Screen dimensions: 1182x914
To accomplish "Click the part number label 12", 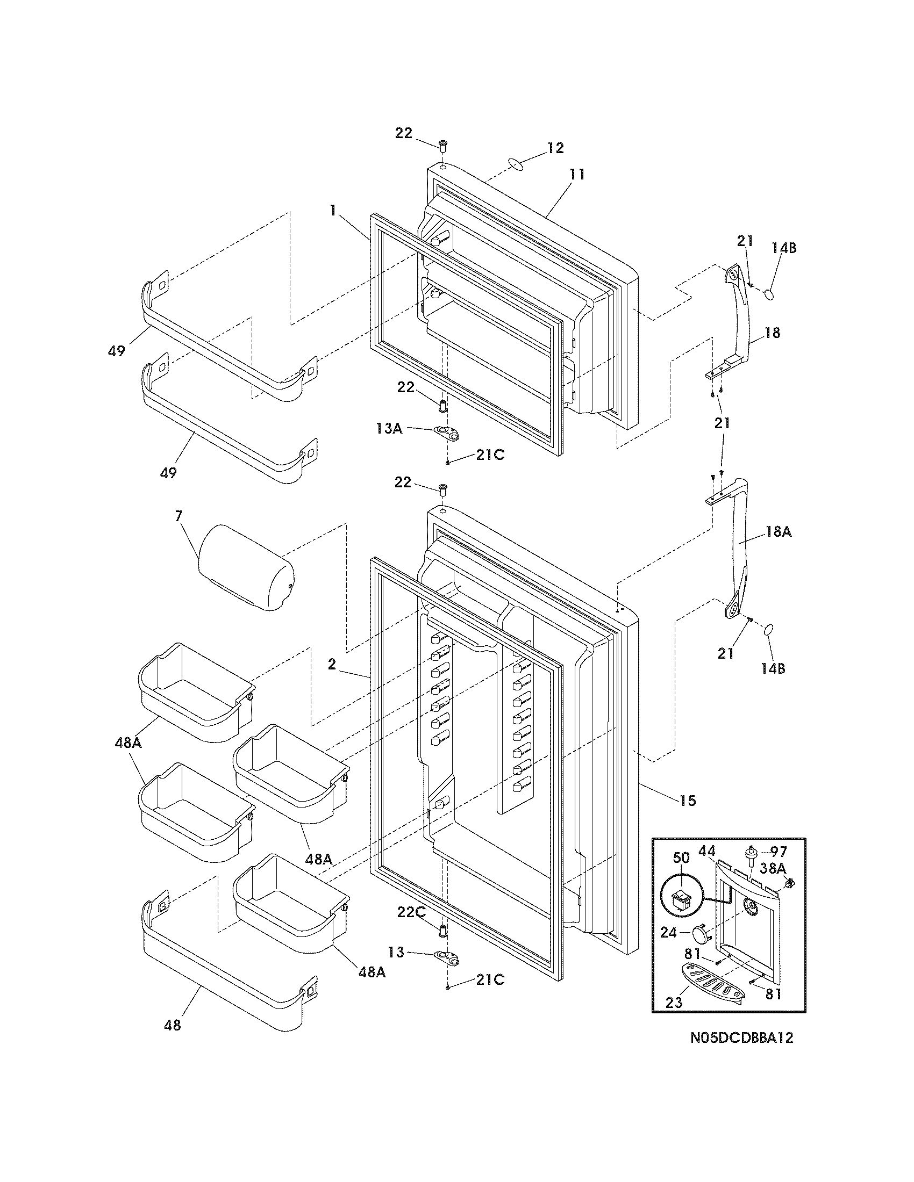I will pos(555,148).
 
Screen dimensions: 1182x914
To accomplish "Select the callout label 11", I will pos(577,174).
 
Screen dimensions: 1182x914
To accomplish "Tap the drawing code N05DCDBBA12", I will pos(741,1037).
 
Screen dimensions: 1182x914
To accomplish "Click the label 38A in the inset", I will pos(773,868).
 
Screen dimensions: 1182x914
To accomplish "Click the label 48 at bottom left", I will pos(173,1025).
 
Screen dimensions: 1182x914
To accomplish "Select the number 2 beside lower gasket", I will pos(332,665).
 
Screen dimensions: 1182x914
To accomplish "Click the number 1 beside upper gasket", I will pos(334,210).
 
